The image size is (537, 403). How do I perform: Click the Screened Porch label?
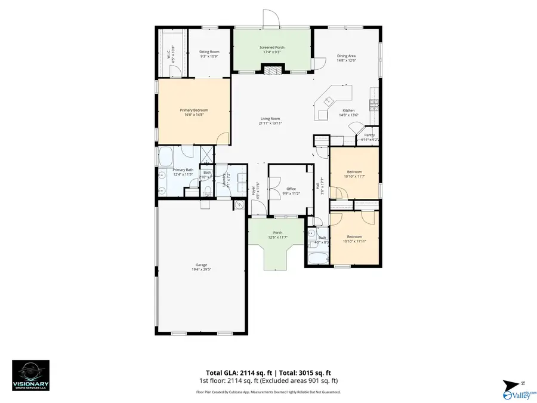coord(271,47)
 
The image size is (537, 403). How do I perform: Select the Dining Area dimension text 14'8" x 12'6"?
coord(346,60)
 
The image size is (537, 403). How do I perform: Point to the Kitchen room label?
coord(348,110)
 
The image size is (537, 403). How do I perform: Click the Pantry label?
coord(369,135)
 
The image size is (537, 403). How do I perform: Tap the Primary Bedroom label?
coord(194,110)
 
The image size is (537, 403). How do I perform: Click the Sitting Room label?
coord(209,52)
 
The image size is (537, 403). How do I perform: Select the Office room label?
coord(291,189)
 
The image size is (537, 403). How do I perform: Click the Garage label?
coord(201,264)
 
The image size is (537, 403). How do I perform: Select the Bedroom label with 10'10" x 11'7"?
coord(354,171)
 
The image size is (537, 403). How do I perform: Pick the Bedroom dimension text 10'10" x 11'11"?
coord(354,242)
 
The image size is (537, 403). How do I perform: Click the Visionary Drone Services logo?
coord(30,376)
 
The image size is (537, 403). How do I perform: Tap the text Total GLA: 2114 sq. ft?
coord(236,372)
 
